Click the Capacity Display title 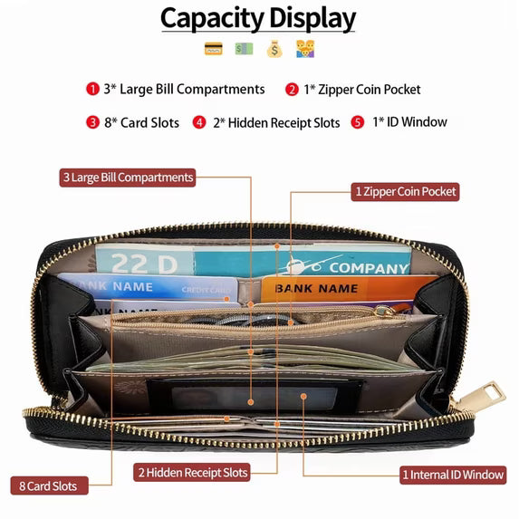point(258,18)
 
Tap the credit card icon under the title point(214,49)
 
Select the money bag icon point(274,49)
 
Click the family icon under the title point(305,49)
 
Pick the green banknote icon point(244,49)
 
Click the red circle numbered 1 point(92,89)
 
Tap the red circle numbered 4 point(199,122)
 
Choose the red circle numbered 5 point(358,122)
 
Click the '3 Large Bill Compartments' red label point(128,178)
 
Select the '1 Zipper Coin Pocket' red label point(405,192)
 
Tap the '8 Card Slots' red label point(49,485)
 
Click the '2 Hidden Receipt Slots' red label point(192,472)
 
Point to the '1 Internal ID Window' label point(453,475)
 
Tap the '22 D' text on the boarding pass point(144,264)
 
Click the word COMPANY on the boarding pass point(369,268)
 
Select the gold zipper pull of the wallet point(485,397)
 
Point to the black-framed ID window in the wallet point(255,396)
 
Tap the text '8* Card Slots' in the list point(141,122)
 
